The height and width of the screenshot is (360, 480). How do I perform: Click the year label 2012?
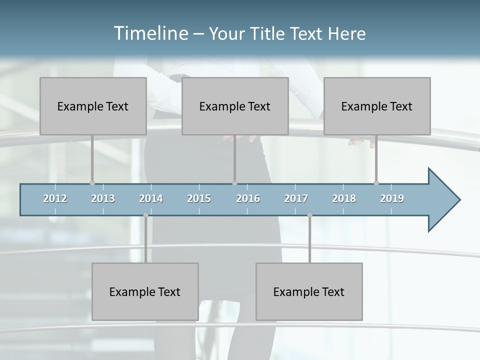(x=55, y=198)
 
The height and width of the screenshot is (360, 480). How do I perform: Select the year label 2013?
(x=103, y=198)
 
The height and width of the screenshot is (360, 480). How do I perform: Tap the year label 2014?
(x=151, y=198)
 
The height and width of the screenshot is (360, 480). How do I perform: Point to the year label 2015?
(x=199, y=198)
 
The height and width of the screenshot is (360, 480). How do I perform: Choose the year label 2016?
(x=248, y=198)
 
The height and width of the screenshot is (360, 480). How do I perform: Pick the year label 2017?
(x=296, y=198)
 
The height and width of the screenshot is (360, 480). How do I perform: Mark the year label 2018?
(x=344, y=198)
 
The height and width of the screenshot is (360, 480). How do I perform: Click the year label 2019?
(x=392, y=198)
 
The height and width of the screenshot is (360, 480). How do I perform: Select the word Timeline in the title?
(x=150, y=33)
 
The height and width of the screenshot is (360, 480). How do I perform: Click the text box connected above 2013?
(x=93, y=106)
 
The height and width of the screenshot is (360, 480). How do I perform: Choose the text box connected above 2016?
(x=235, y=106)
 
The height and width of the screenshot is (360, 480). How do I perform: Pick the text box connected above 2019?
(x=377, y=106)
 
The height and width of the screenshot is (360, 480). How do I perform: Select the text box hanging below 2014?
(x=145, y=291)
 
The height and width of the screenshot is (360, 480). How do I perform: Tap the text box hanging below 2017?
(x=309, y=291)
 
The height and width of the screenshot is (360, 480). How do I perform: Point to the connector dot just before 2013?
(x=92, y=183)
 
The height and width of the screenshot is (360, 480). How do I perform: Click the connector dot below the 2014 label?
(x=145, y=215)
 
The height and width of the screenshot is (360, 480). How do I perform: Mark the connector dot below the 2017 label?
(x=309, y=215)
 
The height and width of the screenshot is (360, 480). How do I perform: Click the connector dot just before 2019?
(x=376, y=183)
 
